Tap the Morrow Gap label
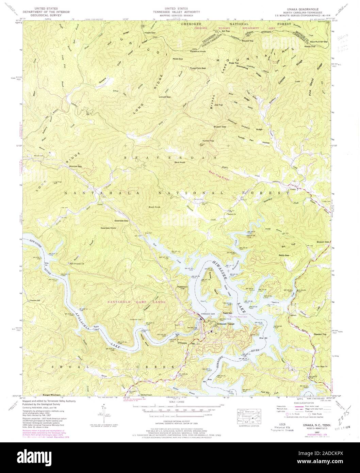pyautogui.click(x=76, y=166)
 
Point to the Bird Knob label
pyautogui.click(x=179, y=162)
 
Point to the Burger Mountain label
pyautogui.click(x=52, y=395)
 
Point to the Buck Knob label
pyautogui.click(x=154, y=207)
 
